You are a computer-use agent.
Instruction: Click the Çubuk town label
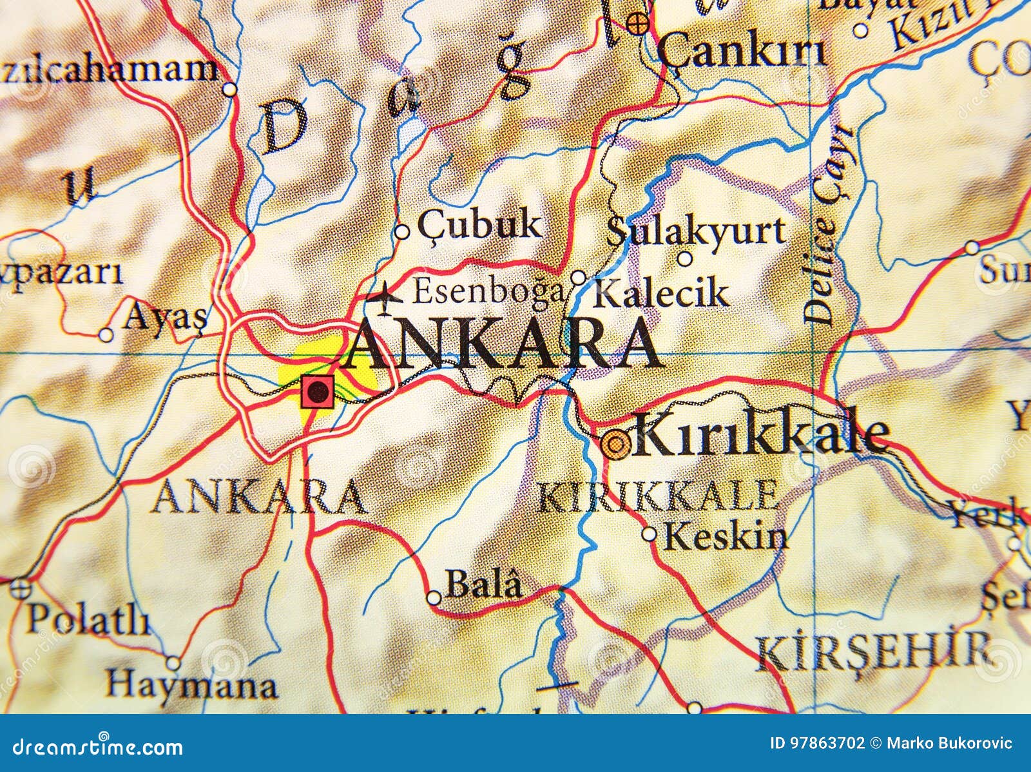tap(479, 225)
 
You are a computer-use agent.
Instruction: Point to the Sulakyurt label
tap(696, 231)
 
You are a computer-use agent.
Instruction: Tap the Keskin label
tap(726, 536)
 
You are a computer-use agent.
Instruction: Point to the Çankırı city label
tap(741, 52)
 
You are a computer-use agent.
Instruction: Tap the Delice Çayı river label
tap(828, 226)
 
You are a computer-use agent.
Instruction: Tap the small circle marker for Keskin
tap(650, 534)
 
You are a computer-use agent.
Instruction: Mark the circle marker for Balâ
tap(434, 598)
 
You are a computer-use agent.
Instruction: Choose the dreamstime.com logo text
tap(92, 748)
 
